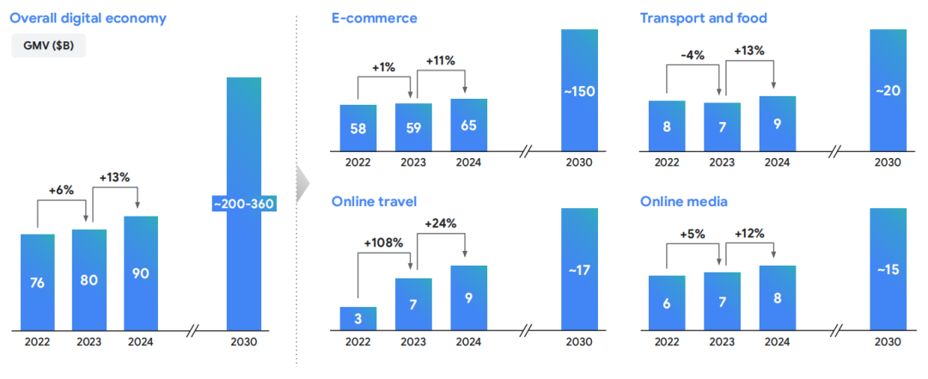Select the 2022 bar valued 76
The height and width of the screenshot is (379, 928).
38,282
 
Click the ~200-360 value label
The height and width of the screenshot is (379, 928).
243,204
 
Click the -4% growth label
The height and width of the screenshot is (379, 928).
692,55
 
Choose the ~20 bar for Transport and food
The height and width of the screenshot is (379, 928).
888,90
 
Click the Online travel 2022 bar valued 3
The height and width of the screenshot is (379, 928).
357,319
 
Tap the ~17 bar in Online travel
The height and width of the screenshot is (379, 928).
579,269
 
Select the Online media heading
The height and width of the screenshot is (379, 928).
684,202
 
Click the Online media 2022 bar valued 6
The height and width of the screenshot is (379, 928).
667,303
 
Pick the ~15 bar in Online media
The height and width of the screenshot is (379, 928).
888,269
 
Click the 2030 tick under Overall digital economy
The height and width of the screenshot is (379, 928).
244,341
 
